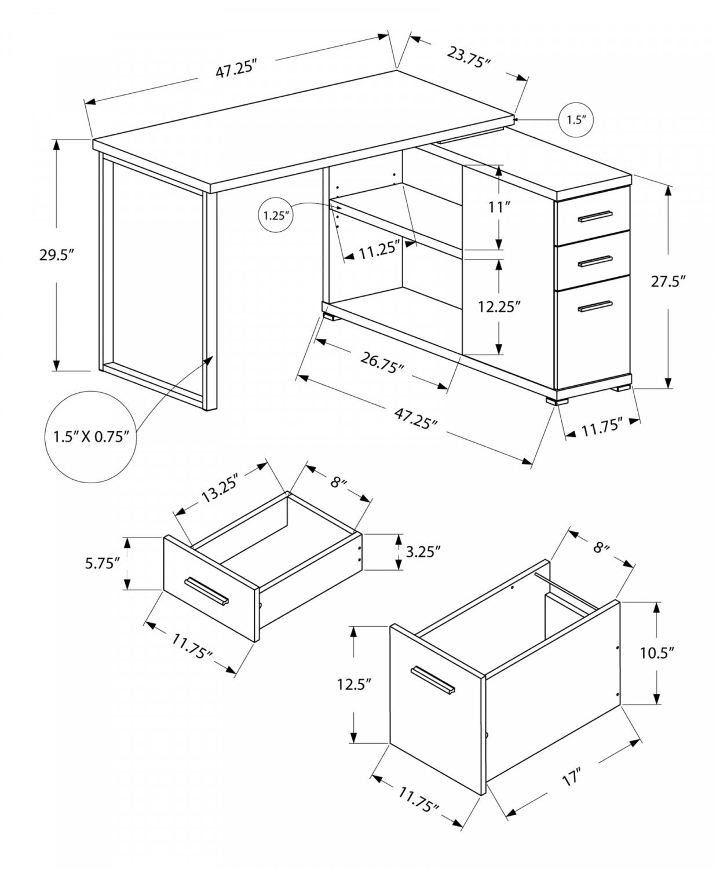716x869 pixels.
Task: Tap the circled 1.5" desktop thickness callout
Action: coord(576,121)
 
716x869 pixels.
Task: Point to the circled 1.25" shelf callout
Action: coord(275,216)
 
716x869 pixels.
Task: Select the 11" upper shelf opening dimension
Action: coord(498,207)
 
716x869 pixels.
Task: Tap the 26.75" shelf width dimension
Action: coord(382,363)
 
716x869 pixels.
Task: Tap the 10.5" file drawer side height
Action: coord(657,653)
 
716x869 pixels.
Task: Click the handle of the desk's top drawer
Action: coord(595,216)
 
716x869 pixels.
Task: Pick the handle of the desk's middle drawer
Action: coord(595,261)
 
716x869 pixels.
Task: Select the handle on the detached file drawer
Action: coord(432,679)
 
